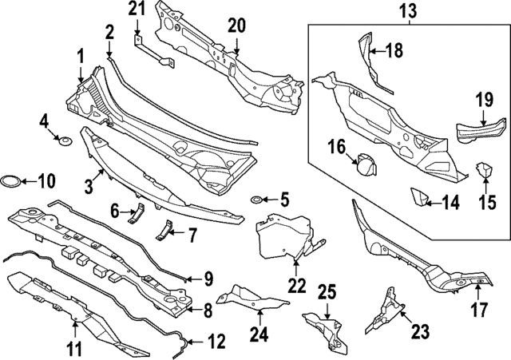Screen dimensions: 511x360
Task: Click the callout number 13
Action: [x=409, y=11]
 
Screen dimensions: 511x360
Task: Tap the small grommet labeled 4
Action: [x=65, y=141]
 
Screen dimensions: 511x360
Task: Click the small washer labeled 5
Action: [x=255, y=199]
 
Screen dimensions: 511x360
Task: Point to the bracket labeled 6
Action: [x=137, y=213]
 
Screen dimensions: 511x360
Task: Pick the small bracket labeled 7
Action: [x=164, y=231]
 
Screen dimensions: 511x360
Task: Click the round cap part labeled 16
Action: [x=366, y=165]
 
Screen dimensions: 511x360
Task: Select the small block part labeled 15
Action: [x=485, y=170]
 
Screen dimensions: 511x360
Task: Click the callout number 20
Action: [x=237, y=26]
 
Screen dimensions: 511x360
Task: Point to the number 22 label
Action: [x=297, y=286]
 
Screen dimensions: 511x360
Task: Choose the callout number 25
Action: [x=327, y=293]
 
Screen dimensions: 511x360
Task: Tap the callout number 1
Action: [x=80, y=57]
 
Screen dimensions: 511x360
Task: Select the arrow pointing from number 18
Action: [x=377, y=51]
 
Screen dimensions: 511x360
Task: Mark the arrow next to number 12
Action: [x=197, y=342]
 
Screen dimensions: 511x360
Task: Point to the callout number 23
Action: [x=420, y=331]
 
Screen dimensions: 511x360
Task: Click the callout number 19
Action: [x=485, y=99]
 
